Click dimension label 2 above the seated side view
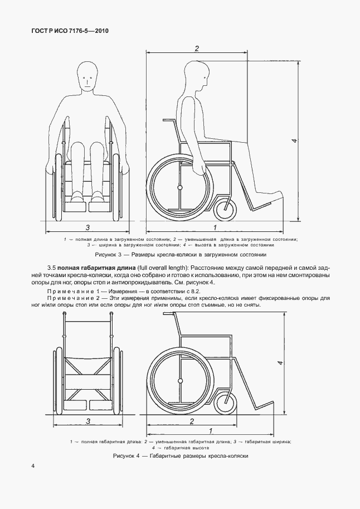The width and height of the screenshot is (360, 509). point(197,49)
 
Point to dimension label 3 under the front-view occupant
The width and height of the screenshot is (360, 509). point(88,227)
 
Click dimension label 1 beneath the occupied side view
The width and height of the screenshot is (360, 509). point(215,227)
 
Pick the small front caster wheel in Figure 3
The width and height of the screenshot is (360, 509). point(225,209)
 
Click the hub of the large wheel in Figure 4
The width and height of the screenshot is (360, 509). point(180,381)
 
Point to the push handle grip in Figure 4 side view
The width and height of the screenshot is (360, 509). point(167,315)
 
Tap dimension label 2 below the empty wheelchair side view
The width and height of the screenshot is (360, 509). point(191,421)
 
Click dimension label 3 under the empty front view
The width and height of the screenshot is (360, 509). point(88,421)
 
